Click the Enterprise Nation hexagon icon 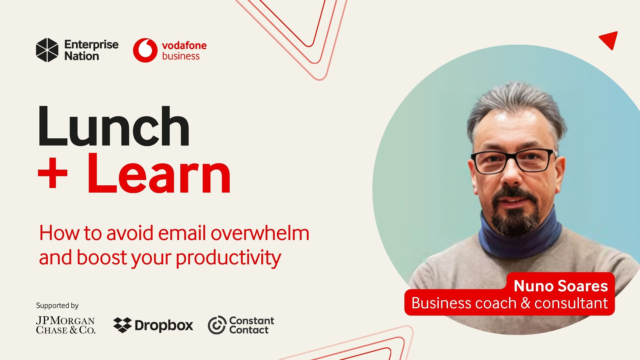click(x=47, y=50)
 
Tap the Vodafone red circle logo click(x=145, y=50)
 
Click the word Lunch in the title click(x=114, y=127)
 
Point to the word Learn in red click(x=159, y=174)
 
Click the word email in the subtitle click(x=182, y=233)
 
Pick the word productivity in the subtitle click(x=228, y=258)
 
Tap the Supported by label click(x=57, y=305)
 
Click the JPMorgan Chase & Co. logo click(x=66, y=325)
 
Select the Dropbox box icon click(x=122, y=325)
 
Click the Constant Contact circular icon click(x=217, y=325)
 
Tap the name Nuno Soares click(x=561, y=286)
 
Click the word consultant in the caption click(x=571, y=303)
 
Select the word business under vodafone click(x=181, y=56)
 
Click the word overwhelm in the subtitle click(x=260, y=233)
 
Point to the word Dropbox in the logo click(x=164, y=325)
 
